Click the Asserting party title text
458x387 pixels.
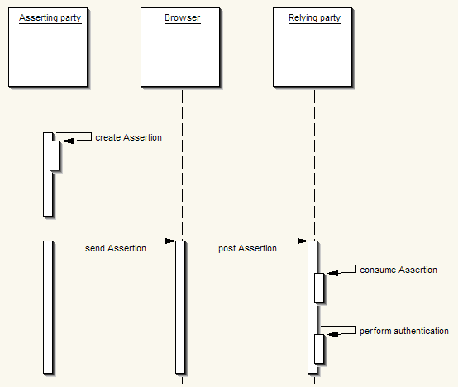pyautogui.click(x=50, y=18)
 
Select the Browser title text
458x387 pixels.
pyautogui.click(x=182, y=17)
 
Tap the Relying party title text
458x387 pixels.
pyautogui.click(x=315, y=18)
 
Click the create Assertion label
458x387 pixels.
pyautogui.click(x=128, y=137)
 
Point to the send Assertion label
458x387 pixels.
pyautogui.click(x=116, y=248)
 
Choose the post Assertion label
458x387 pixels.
pyautogui.click(x=247, y=249)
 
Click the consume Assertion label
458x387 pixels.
pyautogui.click(x=398, y=270)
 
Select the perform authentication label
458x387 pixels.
pyautogui.click(x=404, y=332)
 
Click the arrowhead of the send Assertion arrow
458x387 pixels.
pyautogui.click(x=170, y=241)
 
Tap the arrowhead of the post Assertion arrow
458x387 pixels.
pyautogui.click(x=303, y=241)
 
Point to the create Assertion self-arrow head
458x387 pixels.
pyautogui.click(x=68, y=141)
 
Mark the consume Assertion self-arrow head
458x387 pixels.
pyautogui.click(x=332, y=273)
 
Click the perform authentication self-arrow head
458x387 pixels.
pyautogui.click(x=332, y=334)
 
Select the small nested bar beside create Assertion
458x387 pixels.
pyautogui.click(x=55, y=155)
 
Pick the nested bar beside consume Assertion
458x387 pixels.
pyautogui.click(x=319, y=288)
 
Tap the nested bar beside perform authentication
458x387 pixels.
pyautogui.click(x=319, y=349)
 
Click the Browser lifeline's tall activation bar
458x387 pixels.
pyautogui.click(x=180, y=308)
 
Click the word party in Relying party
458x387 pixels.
pyautogui.click(x=330, y=19)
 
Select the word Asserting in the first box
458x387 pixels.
pyautogui.click(x=38, y=18)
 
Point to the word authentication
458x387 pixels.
pyautogui.click(x=421, y=331)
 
